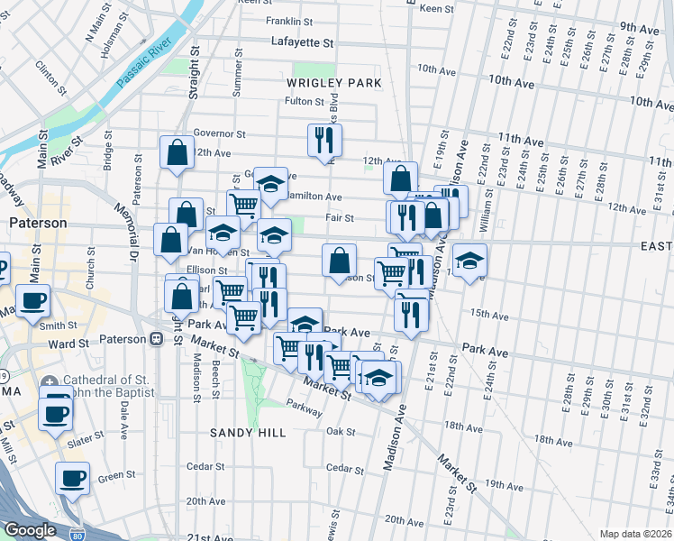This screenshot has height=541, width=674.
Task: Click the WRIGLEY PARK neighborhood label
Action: point(333,83)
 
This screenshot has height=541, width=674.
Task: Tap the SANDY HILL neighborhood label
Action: point(248,433)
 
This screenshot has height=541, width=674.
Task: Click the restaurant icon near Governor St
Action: point(324,139)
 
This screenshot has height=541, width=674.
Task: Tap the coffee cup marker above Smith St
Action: point(34,301)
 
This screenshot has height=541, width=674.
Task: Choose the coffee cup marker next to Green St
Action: point(72,478)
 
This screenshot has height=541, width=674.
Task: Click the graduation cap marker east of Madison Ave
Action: point(469,260)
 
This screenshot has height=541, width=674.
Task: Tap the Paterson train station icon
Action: point(156,339)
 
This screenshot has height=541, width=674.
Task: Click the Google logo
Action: point(30,530)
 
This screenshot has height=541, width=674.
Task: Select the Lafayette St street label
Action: point(303,42)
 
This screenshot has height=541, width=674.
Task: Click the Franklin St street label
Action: point(289,21)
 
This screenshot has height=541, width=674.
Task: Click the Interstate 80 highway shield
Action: point(77,535)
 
